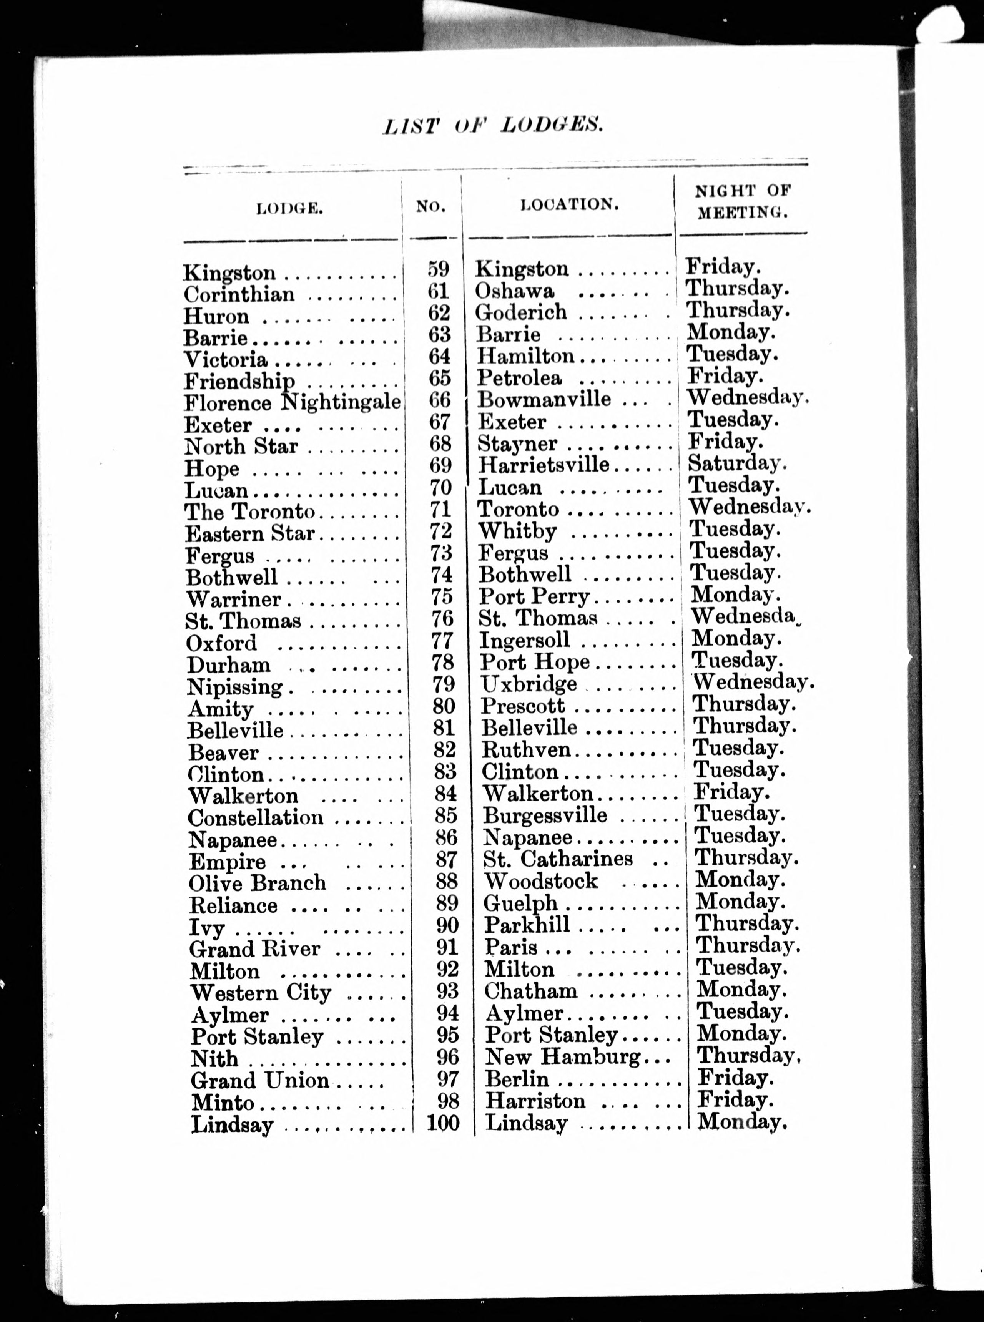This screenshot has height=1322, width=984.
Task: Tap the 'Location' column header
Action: [x=569, y=205]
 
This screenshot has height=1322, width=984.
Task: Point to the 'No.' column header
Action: [x=430, y=207]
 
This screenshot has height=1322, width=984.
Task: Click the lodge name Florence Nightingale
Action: [x=292, y=402]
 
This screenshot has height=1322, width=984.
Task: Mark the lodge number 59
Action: [x=439, y=269]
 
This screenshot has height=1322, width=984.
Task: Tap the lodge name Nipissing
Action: [x=235, y=687]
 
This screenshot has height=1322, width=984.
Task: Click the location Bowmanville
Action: [x=544, y=399]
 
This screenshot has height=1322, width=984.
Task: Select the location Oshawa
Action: [x=515, y=291]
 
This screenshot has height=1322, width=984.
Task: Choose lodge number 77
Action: [x=441, y=641]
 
